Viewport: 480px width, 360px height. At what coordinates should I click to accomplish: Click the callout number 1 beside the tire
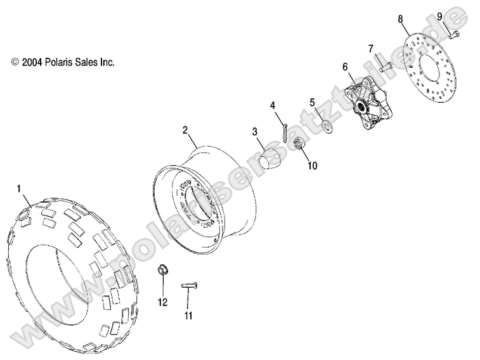pos(19,188)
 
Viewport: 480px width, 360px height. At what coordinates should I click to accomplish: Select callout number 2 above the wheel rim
pos(185,131)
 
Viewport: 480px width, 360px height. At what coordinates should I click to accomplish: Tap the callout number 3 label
pos(254,132)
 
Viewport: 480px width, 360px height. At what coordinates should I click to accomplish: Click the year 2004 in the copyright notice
pos(33,63)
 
